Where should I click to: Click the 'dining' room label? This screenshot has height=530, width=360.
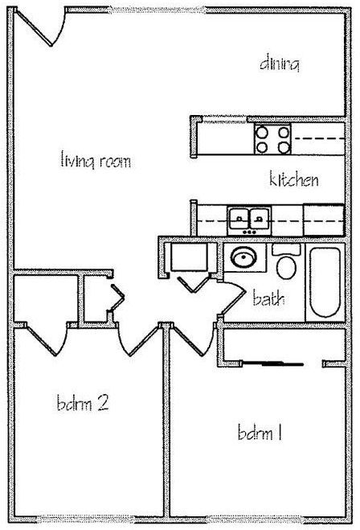[x=280, y=64]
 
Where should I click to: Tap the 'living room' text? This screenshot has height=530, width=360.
[x=96, y=160]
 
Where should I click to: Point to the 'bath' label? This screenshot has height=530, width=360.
[x=268, y=298]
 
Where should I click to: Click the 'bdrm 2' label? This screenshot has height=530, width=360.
[x=83, y=403]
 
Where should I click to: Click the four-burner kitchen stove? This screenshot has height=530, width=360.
[x=273, y=139]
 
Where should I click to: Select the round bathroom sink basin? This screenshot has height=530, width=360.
[x=243, y=257]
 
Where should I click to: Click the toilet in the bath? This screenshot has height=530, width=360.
[x=286, y=261]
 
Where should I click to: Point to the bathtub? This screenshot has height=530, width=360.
[x=325, y=282]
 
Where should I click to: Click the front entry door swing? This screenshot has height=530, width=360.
[x=41, y=27]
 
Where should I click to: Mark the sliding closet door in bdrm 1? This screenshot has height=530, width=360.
[x=273, y=364]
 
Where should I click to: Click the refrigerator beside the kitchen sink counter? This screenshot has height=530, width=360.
[x=324, y=220]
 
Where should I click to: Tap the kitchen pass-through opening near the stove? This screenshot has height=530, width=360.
[x=225, y=119]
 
